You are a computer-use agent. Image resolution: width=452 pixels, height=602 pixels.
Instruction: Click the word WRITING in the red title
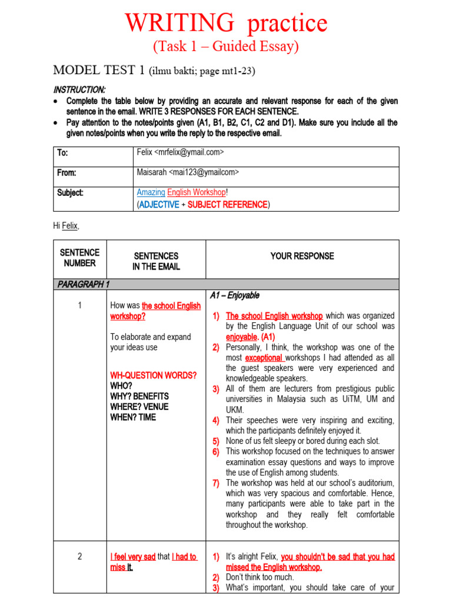coord(179,24)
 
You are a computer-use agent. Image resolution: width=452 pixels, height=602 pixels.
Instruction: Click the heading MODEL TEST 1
coord(99,71)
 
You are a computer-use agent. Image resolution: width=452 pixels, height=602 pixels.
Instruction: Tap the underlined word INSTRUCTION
coord(79,90)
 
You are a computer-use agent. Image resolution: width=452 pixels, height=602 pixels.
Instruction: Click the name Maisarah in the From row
coord(151,172)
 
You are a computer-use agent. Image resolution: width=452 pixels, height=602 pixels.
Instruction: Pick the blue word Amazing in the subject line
coord(151,192)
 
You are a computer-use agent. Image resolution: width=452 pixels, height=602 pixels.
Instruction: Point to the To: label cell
coord(62,153)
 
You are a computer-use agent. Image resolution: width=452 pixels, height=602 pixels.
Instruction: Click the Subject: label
coord(70,193)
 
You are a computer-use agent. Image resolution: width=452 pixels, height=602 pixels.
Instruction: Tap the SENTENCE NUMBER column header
coord(79,257)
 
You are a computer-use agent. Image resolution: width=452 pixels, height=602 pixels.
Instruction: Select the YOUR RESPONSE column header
coord(302,256)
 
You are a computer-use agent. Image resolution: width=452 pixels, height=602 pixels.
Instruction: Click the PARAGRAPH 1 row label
coord(84,285)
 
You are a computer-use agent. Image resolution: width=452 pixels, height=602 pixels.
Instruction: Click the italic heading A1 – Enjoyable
coord(234,295)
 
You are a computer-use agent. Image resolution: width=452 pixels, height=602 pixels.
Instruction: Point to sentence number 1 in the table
coord(79,306)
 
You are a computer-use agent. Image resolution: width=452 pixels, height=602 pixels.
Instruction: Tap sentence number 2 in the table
coord(79,557)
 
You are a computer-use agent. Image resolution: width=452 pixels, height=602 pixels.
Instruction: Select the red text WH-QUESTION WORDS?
coord(154,375)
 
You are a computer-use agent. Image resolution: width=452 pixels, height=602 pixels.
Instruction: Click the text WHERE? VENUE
coord(139,407)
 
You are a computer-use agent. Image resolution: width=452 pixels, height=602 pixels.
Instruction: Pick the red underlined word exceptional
coord(264,357)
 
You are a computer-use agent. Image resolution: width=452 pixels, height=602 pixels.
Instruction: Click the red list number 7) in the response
coord(216,483)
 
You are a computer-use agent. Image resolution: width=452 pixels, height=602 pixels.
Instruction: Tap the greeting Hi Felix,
coord(65,226)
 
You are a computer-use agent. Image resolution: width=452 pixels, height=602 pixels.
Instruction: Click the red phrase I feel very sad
coord(133,557)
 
